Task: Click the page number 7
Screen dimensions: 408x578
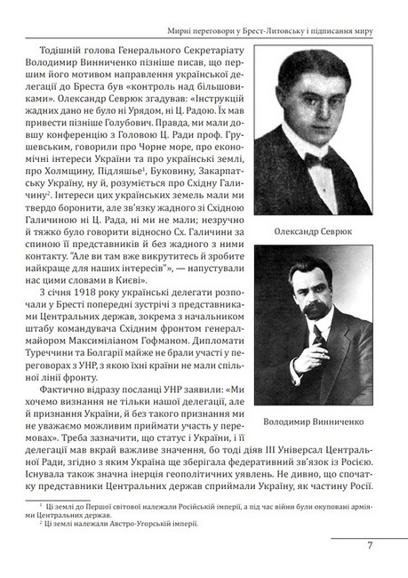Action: point(369,545)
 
